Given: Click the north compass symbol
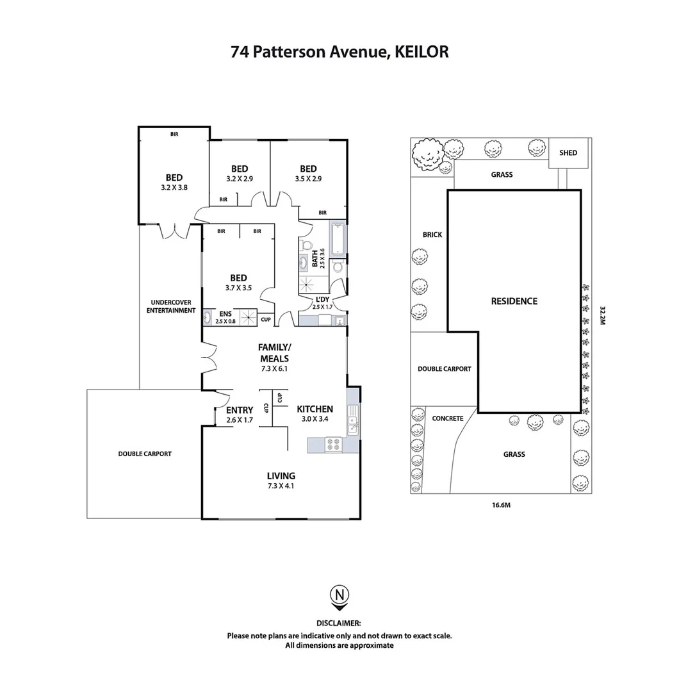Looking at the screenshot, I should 339,595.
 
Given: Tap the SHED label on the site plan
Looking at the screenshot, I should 568,152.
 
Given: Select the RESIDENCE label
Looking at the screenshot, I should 514,301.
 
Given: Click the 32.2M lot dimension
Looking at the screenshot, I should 602,315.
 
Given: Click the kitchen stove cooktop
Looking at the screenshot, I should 334,445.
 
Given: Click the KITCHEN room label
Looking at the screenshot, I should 315,409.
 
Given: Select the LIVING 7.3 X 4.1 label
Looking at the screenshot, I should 281,480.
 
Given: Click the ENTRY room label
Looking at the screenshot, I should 240,415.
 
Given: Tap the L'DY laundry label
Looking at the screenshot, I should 323,302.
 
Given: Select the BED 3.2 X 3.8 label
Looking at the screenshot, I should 174,182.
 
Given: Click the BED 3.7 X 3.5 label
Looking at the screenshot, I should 238,283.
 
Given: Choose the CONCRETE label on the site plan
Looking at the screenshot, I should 447,418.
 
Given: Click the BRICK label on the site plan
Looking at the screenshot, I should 432,235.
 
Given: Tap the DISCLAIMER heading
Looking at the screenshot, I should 339,623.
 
